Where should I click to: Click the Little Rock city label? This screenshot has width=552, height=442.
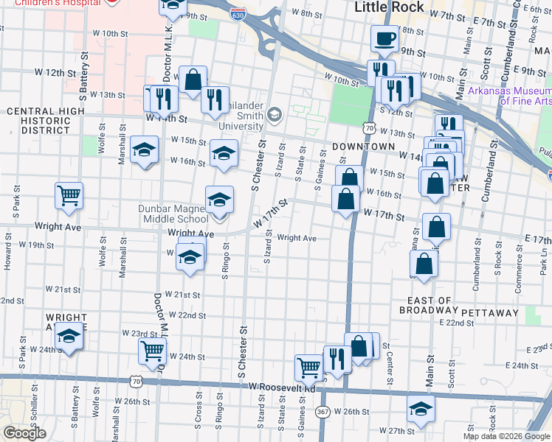[389, 7]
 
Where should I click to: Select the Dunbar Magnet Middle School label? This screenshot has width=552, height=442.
[173, 214]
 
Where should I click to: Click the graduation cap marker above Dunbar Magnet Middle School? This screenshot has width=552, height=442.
[219, 200]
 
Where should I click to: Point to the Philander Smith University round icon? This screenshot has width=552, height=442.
[275, 113]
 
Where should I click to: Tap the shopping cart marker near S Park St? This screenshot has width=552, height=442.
[69, 196]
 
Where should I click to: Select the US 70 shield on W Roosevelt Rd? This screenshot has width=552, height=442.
[134, 381]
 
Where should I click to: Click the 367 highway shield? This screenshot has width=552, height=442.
[323, 411]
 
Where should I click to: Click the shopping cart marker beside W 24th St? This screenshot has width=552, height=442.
[152, 350]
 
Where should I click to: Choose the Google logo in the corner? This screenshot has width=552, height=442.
[24, 433]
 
